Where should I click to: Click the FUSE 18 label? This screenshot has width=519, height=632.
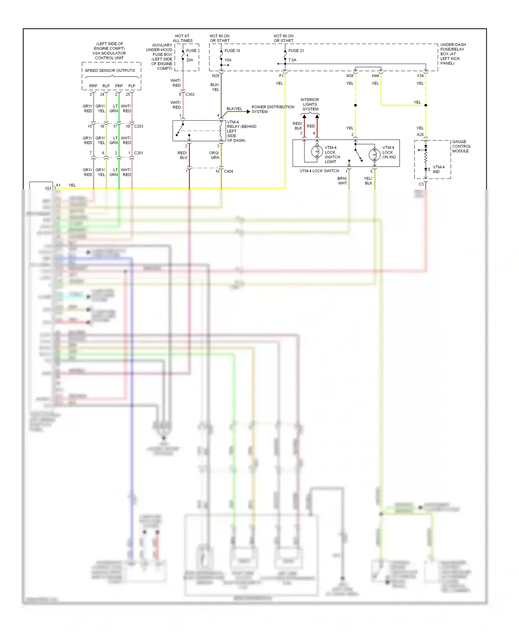[232, 50]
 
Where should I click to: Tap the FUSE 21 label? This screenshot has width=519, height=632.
[296, 50]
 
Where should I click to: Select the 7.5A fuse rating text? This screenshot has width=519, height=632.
[292, 60]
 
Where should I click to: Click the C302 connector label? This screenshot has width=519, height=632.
[190, 94]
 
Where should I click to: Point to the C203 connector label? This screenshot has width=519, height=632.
[138, 126]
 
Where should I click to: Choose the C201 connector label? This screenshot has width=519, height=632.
[138, 153]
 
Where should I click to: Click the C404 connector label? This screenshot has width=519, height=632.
[228, 171]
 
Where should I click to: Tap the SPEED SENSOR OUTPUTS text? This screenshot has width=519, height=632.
[110, 71]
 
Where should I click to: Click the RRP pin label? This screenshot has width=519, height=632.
[93, 86]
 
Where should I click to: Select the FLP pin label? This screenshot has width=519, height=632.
[131, 86]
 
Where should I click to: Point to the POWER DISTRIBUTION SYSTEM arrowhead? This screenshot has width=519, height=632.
[248, 112]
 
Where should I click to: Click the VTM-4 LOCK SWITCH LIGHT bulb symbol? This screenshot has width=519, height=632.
[317, 152]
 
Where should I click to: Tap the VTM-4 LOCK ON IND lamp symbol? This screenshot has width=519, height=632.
[374, 154]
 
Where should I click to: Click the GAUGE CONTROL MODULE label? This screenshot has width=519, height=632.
[461, 146]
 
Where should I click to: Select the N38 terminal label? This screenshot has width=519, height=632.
[350, 76]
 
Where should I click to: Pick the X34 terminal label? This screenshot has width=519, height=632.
[420, 76]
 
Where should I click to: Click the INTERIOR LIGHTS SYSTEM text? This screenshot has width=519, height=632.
[310, 104]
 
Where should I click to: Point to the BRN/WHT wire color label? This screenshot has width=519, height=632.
[342, 181]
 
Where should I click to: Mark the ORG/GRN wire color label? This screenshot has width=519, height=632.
[214, 155]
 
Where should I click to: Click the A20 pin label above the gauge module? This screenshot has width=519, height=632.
[420, 134]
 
